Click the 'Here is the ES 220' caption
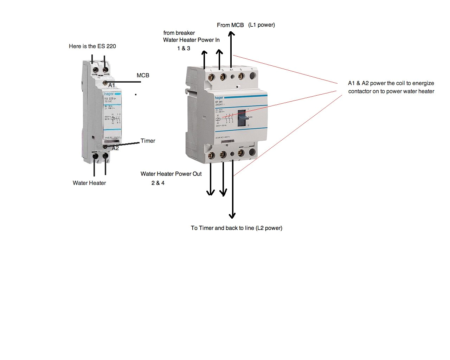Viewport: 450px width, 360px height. [92, 46]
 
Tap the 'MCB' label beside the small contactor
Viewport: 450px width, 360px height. [143, 75]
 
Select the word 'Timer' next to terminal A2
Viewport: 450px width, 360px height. [148, 141]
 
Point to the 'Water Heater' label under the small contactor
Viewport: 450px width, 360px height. [89, 183]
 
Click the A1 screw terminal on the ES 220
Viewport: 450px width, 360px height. [105, 82]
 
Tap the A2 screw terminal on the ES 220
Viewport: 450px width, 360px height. [105, 146]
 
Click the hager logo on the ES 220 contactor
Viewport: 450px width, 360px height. [109, 94]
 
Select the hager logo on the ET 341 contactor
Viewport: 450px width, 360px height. [219, 98]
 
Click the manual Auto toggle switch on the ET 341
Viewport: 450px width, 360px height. [243, 118]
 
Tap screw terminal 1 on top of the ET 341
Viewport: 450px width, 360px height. [210, 76]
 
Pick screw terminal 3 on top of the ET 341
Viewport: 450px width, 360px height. [222, 76]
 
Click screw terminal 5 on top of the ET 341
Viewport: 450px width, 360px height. [241, 76]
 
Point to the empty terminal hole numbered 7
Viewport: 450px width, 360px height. [252, 76]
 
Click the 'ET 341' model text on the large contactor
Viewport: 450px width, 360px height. [219, 102]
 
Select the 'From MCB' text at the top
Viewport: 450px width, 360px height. [230, 25]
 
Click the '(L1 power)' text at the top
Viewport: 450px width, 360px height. [262, 25]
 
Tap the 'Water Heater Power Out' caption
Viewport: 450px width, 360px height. [171, 174]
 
